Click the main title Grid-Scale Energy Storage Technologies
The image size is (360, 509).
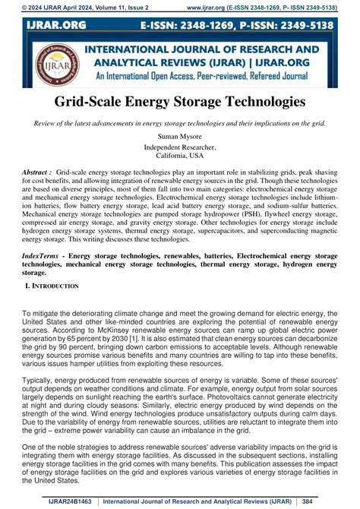180,101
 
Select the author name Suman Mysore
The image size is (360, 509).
180,136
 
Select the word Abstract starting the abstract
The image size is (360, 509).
37,172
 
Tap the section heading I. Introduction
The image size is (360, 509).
52,286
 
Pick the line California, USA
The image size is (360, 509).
180,155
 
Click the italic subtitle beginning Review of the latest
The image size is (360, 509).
180,123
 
